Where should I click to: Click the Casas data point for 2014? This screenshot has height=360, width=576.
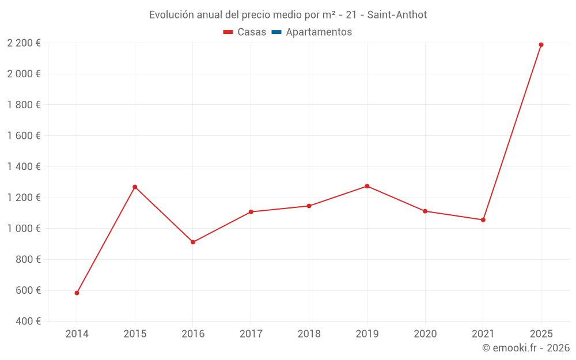pyautogui.click(x=77, y=293)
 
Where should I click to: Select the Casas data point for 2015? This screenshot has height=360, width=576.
pyautogui.click(x=135, y=187)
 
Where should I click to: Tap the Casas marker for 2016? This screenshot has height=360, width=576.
pyautogui.click(x=193, y=242)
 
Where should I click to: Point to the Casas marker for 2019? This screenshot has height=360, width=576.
pyautogui.click(x=367, y=186)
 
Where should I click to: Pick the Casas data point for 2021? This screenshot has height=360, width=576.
pyautogui.click(x=483, y=219)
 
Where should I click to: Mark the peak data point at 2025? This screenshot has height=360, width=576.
pyautogui.click(x=541, y=45)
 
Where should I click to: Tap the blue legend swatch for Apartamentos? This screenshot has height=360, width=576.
pyautogui.click(x=276, y=32)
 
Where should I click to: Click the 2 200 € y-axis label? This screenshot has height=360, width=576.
pyautogui.click(x=24, y=43)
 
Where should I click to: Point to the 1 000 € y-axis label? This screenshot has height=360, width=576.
pyautogui.click(x=24, y=229)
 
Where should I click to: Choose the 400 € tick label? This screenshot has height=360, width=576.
pyautogui.click(x=28, y=321)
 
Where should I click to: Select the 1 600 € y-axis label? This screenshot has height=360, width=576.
pyautogui.click(x=24, y=136)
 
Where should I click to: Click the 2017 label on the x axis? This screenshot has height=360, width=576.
pyautogui.click(x=251, y=334)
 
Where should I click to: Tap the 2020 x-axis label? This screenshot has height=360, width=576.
pyautogui.click(x=425, y=334)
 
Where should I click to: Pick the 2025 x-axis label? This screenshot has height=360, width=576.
pyautogui.click(x=541, y=334)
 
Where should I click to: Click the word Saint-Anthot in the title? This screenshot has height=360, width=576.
pyautogui.click(x=398, y=15)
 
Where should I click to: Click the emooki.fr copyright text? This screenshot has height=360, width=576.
pyautogui.click(x=526, y=348)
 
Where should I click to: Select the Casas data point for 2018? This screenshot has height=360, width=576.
pyautogui.click(x=309, y=206)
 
